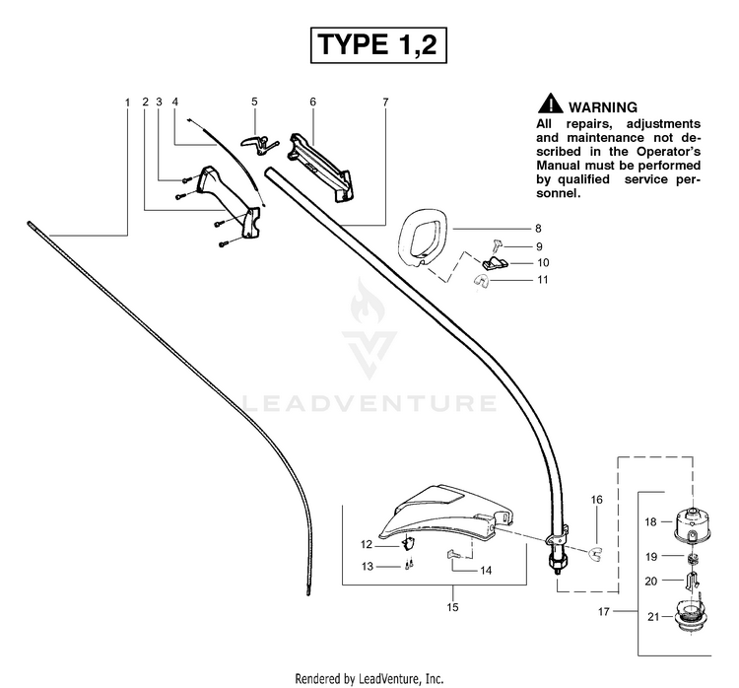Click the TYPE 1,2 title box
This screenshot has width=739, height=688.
378,45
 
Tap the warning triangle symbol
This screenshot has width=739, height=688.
550,103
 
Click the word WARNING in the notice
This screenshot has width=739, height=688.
603,107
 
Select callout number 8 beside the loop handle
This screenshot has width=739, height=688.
538,229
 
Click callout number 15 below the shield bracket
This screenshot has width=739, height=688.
452,607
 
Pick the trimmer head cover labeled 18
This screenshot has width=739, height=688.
692,524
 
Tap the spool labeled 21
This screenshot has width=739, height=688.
693,614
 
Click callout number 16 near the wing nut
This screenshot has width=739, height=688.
597,500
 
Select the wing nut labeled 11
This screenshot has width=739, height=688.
481,282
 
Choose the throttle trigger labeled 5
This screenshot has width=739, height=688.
259,143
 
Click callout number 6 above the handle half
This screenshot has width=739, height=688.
313,102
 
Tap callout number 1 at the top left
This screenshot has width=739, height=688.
127,102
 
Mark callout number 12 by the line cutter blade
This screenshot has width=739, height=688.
367,545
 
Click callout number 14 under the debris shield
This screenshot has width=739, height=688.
486,571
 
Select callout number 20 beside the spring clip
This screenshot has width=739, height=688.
651,582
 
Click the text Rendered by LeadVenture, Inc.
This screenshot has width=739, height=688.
369,678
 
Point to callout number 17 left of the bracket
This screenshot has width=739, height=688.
604,611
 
